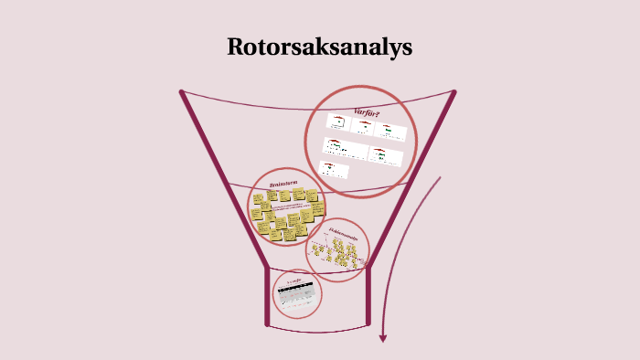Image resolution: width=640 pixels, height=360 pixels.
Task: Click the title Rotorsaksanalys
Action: pyautogui.click(x=319, y=48)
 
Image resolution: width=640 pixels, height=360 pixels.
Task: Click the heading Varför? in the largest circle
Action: pyautogui.click(x=367, y=112)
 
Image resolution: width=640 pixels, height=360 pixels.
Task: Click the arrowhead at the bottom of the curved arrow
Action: pyautogui.click(x=383, y=338)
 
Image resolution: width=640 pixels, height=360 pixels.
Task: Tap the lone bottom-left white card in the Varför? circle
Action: pyautogui.click(x=336, y=169)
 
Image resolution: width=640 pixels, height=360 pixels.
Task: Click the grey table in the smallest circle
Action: pyautogui.click(x=296, y=293)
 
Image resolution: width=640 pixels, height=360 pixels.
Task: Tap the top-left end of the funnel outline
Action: pyautogui.click(x=182, y=91)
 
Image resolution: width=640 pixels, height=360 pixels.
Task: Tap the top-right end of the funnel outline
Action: pyautogui.click(x=453, y=91)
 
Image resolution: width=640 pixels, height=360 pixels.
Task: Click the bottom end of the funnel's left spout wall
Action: pyautogui.click(x=267, y=323)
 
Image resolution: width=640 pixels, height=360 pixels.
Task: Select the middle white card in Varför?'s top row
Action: pyautogui.click(x=364, y=126)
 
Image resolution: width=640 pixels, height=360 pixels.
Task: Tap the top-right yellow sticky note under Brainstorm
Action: pyautogui.click(x=312, y=195)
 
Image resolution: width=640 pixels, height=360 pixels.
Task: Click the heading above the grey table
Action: pyautogui.click(x=294, y=278)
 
